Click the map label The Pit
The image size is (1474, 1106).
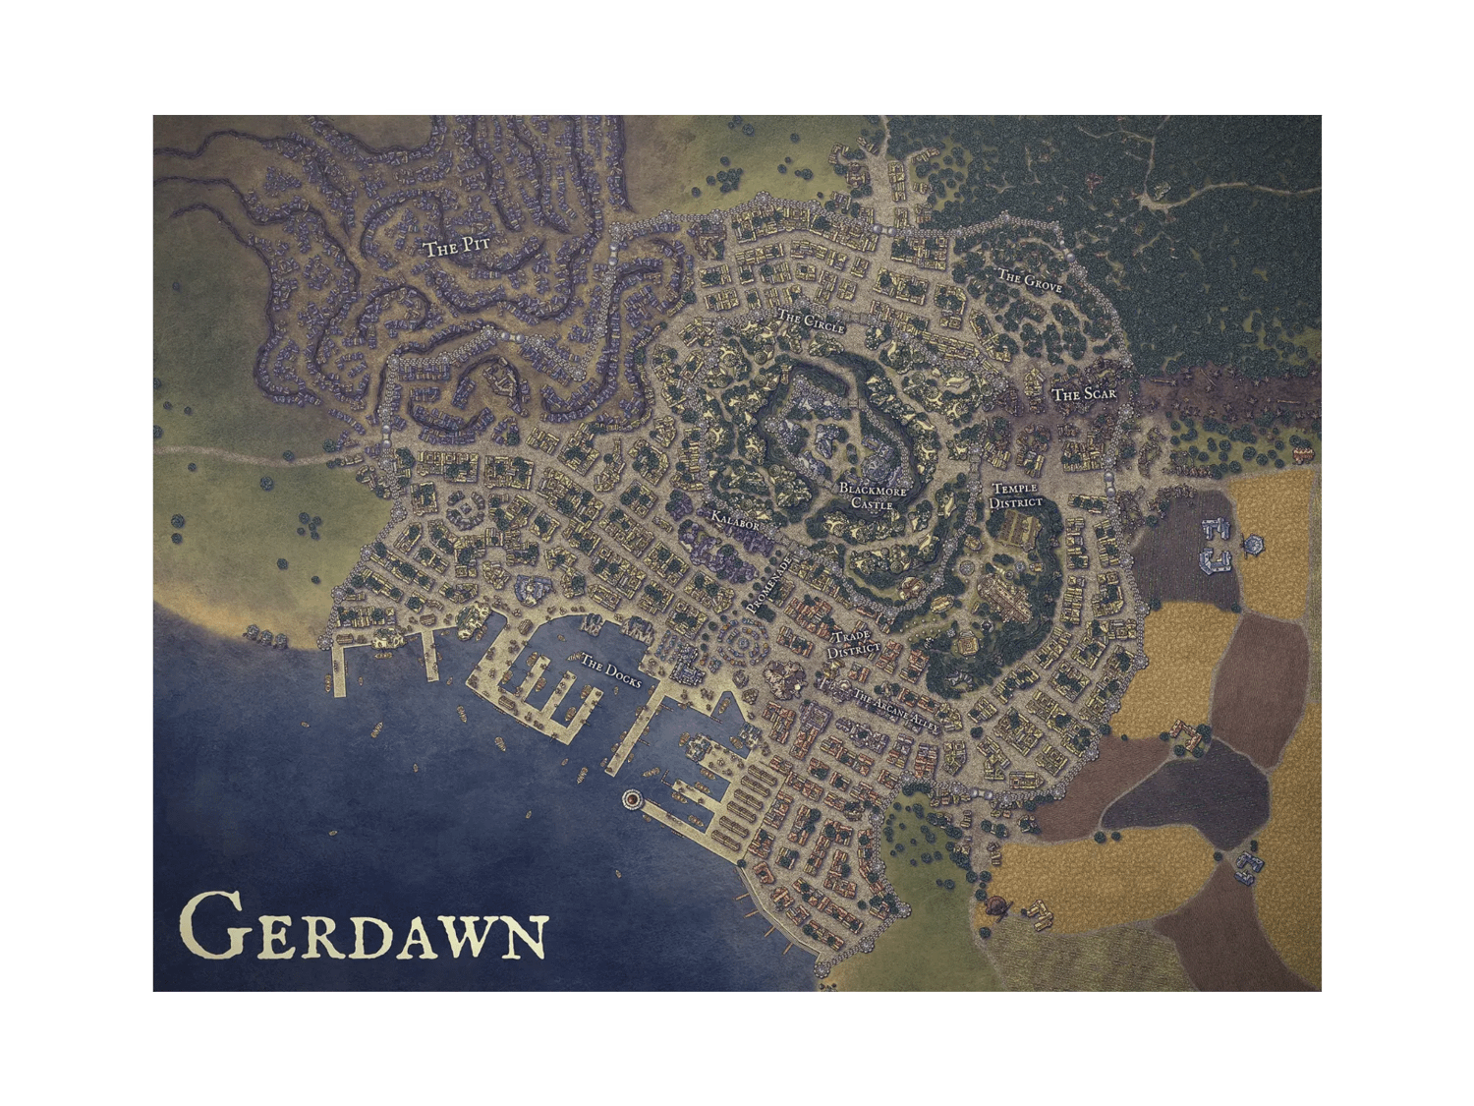[x=456, y=248]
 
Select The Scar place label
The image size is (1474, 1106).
[x=1079, y=395]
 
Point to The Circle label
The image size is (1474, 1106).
[x=811, y=320]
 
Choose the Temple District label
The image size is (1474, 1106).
[x=1015, y=496]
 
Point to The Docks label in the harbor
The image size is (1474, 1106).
[x=610, y=667]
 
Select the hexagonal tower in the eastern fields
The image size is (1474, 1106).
[x=1254, y=544]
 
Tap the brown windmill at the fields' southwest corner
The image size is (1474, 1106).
[x=1000, y=905]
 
